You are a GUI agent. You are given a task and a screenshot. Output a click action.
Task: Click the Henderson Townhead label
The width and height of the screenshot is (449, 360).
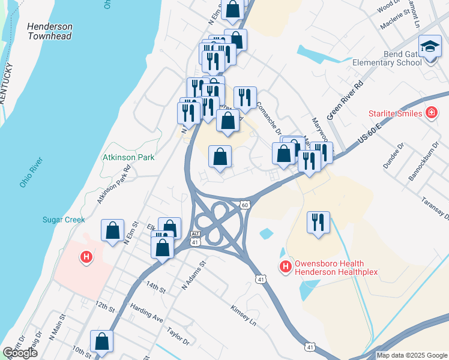point(50,32)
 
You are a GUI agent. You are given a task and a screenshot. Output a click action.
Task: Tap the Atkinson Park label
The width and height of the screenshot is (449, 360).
point(128,158)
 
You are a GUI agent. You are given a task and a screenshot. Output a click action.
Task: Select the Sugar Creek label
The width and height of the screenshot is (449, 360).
point(64,220)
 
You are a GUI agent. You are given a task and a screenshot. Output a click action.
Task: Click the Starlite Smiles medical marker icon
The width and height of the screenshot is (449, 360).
point(430,113)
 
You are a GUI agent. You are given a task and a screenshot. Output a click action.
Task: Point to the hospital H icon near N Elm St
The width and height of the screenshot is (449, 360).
point(86,257)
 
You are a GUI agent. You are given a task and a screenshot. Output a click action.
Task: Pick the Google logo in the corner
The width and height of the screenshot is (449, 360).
point(20,353)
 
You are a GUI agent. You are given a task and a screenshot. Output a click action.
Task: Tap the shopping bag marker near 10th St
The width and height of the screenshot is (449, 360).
point(102,341)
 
